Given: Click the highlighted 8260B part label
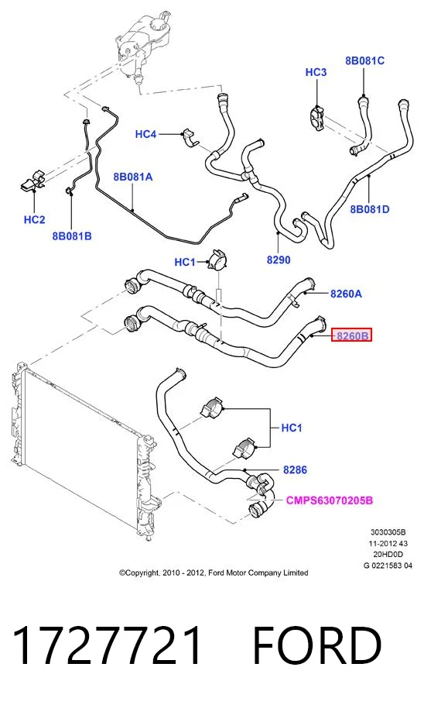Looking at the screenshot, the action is pyautogui.click(x=352, y=335).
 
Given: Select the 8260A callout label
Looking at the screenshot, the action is pyautogui.click(x=346, y=294).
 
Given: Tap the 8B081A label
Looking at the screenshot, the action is pyautogui.click(x=133, y=177).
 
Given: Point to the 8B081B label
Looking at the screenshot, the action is pyautogui.click(x=72, y=236).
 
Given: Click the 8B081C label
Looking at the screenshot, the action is pyautogui.click(x=364, y=60).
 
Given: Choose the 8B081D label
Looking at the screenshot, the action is pyautogui.click(x=370, y=209).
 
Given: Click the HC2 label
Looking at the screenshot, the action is pyautogui.click(x=35, y=219).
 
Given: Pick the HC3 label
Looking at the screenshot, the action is pyautogui.click(x=316, y=72).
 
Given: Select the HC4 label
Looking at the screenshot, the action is pyautogui.click(x=146, y=134).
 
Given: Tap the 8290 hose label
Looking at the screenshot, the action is pyautogui.click(x=279, y=260).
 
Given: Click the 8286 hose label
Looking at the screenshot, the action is pyautogui.click(x=295, y=469).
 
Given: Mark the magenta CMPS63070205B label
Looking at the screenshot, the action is pyautogui.click(x=330, y=500).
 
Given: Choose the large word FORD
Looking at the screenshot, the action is pyautogui.click(x=317, y=645).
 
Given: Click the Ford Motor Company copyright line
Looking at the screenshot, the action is pyautogui.click(x=214, y=573).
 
